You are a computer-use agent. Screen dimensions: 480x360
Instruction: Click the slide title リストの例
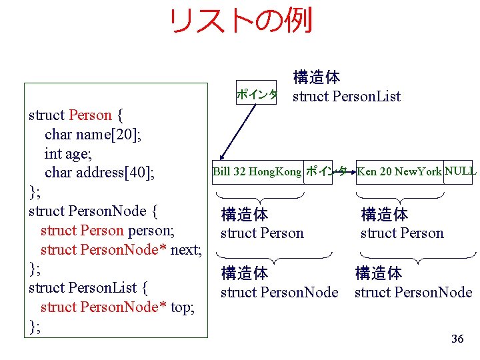pyautogui.click(x=240, y=21)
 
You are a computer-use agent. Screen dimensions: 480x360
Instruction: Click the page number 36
pyautogui.click(x=457, y=339)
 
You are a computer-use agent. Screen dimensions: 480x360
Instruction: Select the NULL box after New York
pyautogui.click(x=461, y=171)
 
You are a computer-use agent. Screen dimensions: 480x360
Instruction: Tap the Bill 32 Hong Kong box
pyautogui.click(x=257, y=172)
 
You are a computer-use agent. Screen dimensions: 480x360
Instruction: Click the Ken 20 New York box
pyautogui.click(x=399, y=172)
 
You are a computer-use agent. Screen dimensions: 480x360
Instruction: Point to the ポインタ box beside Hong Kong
pyautogui.click(x=325, y=172)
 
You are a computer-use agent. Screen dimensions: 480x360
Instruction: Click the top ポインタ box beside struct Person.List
pyautogui.click(x=257, y=95)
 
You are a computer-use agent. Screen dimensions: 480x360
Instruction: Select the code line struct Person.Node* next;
pyautogui.click(x=121, y=250)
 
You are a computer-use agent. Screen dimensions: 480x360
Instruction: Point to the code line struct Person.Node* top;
pyautogui.click(x=117, y=307)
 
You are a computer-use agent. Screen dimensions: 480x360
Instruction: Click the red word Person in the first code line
pyautogui.click(x=90, y=115)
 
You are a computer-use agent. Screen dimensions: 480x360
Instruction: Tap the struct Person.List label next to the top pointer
pyautogui.click(x=346, y=96)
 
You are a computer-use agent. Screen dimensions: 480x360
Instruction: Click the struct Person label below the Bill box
pyautogui.click(x=262, y=233)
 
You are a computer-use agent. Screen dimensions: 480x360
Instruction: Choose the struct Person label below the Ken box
pyautogui.click(x=402, y=233)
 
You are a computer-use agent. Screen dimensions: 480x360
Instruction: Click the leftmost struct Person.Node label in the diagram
pyautogui.click(x=279, y=292)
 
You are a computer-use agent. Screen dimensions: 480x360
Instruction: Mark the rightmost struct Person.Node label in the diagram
pyautogui.click(x=413, y=292)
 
